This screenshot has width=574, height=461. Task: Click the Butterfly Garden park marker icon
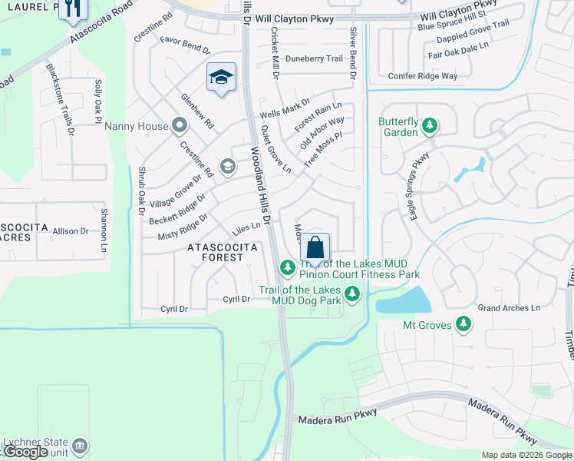click(x=430, y=124)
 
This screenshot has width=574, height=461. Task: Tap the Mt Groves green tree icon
click(x=463, y=324)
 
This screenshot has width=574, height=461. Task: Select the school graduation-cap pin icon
click(x=221, y=78)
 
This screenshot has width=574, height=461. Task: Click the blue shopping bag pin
click(x=315, y=249)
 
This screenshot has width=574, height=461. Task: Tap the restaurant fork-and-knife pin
click(x=73, y=9)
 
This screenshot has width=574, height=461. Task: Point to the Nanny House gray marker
click(x=180, y=125)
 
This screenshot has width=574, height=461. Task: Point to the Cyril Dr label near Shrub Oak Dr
click(x=174, y=309)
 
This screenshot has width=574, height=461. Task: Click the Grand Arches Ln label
click(x=509, y=307)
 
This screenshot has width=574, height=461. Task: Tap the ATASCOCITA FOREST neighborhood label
click(x=216, y=253)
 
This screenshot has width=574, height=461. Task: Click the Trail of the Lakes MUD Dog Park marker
click(x=352, y=294)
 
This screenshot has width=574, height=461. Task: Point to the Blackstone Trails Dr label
click(x=60, y=98)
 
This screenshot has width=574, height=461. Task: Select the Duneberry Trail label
click(x=314, y=58)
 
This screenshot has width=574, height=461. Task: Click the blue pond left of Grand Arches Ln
click(x=403, y=300)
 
